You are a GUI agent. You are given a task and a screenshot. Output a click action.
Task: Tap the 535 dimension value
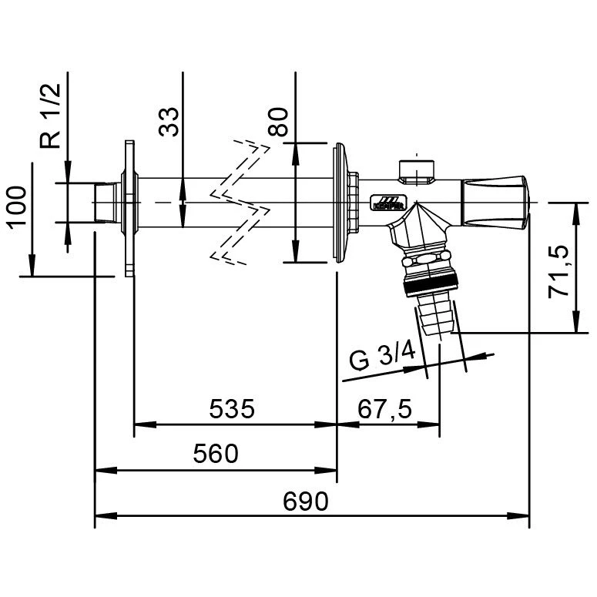(232, 408)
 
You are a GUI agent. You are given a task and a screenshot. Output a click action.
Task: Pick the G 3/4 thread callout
(382, 359)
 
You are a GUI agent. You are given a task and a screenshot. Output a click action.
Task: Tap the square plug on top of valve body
(417, 172)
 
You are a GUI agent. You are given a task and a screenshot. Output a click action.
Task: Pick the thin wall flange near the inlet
(129, 208)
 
